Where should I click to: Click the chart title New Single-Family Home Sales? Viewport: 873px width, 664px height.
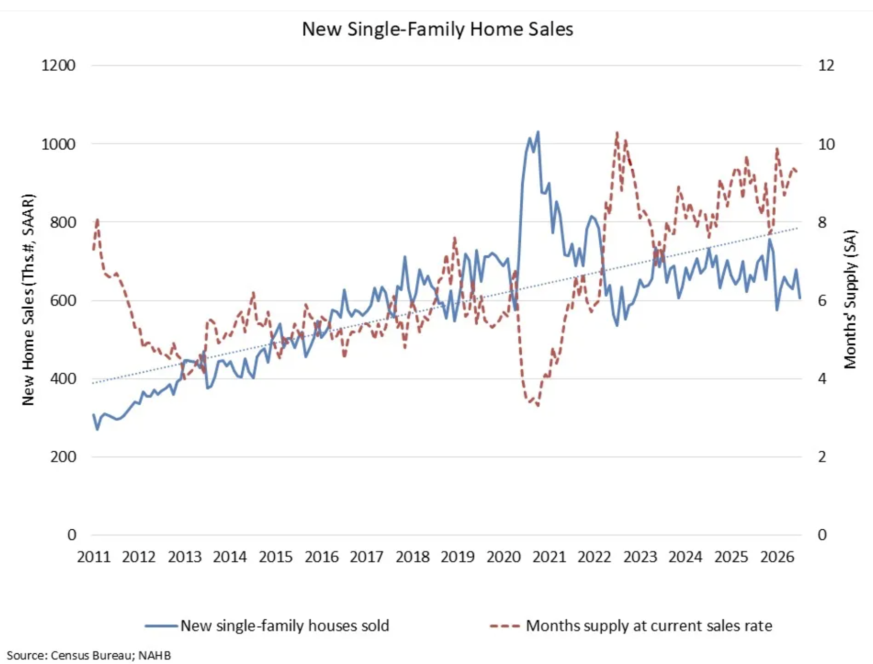click(x=437, y=29)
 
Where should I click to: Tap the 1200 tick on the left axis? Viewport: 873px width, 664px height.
click(x=58, y=65)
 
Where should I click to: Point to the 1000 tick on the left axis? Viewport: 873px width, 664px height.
click(x=58, y=144)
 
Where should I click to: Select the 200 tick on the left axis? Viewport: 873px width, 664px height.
click(x=63, y=457)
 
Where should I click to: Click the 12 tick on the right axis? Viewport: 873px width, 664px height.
click(x=826, y=65)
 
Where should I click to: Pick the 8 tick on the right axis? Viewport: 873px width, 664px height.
click(x=822, y=222)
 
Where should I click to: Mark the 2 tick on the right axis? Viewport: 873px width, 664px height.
click(x=822, y=457)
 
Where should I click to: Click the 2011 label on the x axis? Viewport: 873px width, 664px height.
click(x=94, y=557)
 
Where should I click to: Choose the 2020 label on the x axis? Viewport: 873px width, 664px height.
click(x=503, y=557)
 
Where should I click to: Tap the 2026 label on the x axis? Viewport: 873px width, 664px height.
click(x=777, y=557)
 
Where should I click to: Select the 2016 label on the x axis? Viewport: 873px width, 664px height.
click(x=321, y=557)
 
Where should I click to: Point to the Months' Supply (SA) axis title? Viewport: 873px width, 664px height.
click(x=850, y=299)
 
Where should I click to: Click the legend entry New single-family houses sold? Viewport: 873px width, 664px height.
click(x=267, y=626)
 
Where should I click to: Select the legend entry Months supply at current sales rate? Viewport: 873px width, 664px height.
click(x=631, y=626)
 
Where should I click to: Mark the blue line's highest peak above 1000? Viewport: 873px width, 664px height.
click(x=538, y=131)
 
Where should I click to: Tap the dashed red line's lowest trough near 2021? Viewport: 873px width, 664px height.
click(x=538, y=405)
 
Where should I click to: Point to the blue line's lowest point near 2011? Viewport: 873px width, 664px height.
click(x=97, y=429)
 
